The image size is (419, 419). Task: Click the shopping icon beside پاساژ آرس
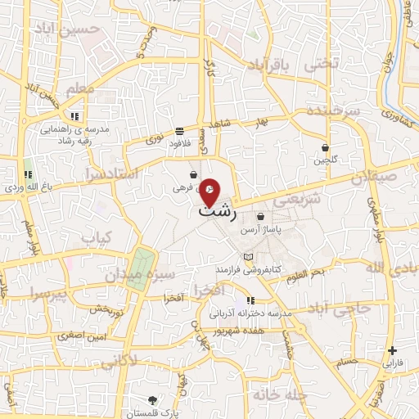click(x=260, y=217)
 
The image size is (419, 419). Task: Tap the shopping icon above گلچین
click(x=326, y=148)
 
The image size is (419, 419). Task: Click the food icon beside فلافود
click(x=179, y=131)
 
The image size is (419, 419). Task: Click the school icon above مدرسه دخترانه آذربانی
click(x=250, y=300)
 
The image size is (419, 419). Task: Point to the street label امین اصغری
click(x=79, y=336)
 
